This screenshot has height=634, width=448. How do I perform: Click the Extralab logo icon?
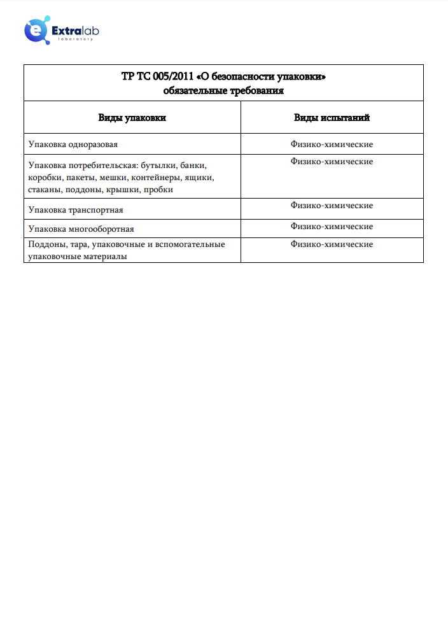pyautogui.click(x=36, y=30)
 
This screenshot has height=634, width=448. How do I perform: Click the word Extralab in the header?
pyautogui.click(x=75, y=29)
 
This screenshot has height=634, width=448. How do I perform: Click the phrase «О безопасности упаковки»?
pyautogui.click(x=261, y=77)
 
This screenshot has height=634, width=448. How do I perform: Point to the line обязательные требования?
pyautogui.click(x=223, y=90)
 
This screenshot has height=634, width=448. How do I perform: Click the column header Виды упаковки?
pyautogui.click(x=132, y=118)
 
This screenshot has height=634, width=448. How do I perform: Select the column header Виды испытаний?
pyautogui.click(x=332, y=118)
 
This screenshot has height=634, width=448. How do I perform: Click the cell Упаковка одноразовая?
pyautogui.click(x=73, y=144)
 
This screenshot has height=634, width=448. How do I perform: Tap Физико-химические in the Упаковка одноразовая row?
pyautogui.click(x=332, y=144)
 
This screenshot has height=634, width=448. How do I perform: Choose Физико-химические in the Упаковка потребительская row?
pyautogui.click(x=332, y=162)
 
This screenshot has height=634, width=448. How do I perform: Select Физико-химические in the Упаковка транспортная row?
pyautogui.click(x=332, y=206)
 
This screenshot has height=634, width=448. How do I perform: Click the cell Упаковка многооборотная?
pyautogui.click(x=81, y=229)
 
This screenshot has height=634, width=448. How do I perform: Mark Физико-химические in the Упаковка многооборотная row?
pyautogui.click(x=332, y=227)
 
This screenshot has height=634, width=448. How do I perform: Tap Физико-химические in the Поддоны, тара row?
pyautogui.click(x=332, y=244)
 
